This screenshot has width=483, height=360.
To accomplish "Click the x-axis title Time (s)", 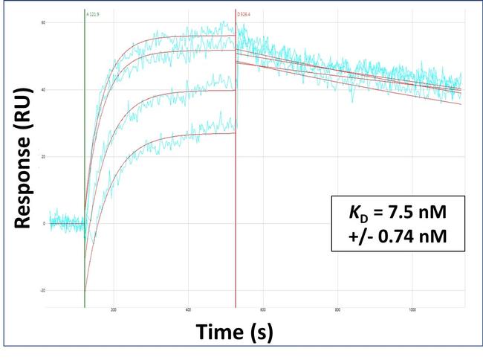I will [234, 333].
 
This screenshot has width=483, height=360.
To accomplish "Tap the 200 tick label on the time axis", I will [114, 310].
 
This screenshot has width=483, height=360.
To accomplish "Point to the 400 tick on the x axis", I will [188, 310].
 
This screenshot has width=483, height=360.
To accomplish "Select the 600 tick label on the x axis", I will [262, 310].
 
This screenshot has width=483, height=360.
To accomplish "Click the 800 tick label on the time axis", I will [337, 310].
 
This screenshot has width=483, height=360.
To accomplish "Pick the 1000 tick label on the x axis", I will [412, 310].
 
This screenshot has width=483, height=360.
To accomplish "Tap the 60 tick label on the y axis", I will [44, 23].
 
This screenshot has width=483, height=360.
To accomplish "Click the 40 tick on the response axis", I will [44, 90].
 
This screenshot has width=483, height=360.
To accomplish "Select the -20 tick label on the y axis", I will [43, 290].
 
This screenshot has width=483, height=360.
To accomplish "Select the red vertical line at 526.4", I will [236, 186].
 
